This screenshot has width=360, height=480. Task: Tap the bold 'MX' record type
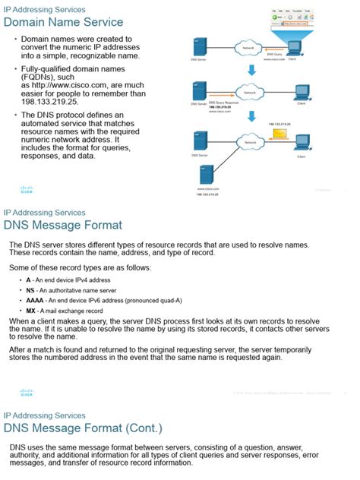click(30, 311)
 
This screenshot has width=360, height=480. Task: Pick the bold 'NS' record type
click(30, 290)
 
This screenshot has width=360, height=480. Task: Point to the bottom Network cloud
click(248, 142)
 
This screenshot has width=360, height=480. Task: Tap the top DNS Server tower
click(201, 48)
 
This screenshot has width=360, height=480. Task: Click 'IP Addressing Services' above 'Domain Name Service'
click(45, 8)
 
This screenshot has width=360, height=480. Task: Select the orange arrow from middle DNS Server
click(215, 95)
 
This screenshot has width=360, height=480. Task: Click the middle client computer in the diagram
click(301, 90)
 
